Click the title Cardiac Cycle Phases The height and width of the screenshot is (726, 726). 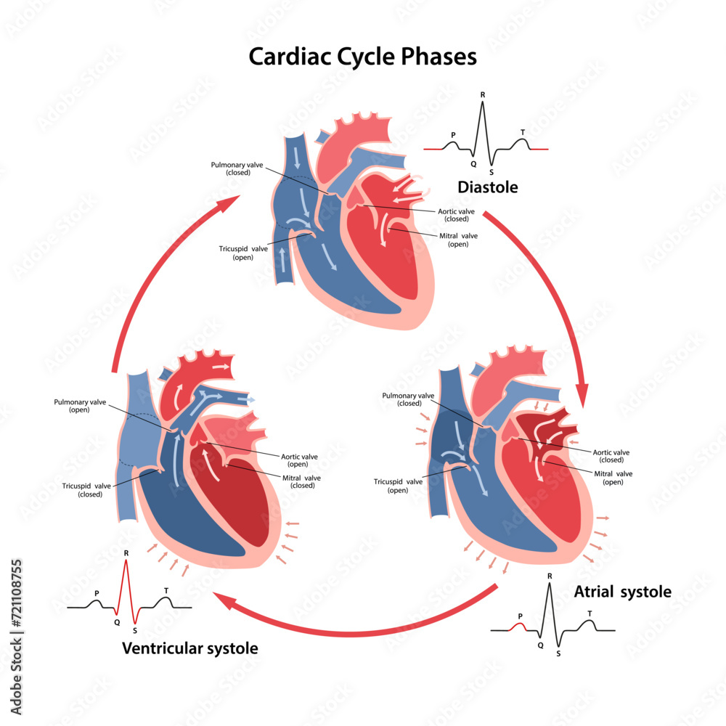click(x=362, y=56)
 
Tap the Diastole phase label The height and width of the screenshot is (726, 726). click(x=487, y=187)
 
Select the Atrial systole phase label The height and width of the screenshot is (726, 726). click(x=622, y=592)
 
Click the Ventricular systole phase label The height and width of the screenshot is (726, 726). click(x=189, y=648)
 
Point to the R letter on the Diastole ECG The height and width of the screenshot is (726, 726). click(x=483, y=95)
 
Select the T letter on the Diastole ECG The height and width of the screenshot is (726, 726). click(x=523, y=132)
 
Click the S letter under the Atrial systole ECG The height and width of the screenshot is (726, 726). click(x=558, y=653)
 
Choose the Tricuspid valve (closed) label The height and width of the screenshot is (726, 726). click(x=82, y=490)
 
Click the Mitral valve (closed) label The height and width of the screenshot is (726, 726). click(x=301, y=481)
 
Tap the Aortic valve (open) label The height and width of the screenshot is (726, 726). click(x=298, y=460)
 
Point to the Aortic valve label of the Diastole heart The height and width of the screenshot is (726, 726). click(x=456, y=215)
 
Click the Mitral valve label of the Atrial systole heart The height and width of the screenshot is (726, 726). click(x=613, y=478)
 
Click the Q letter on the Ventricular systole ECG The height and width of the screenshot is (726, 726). click(x=116, y=622)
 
